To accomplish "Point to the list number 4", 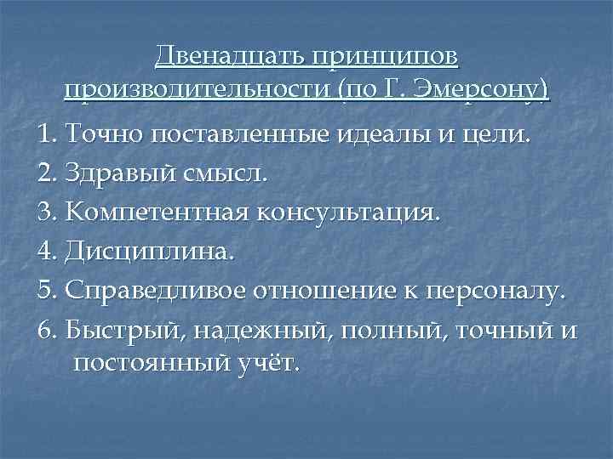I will click(x=45, y=252).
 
